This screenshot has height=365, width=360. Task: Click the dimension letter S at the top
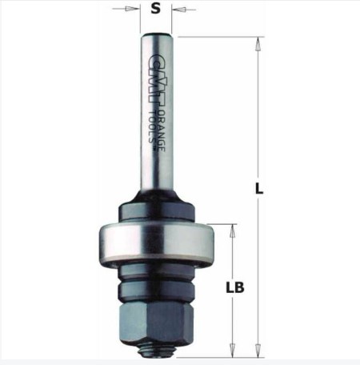tap(156, 9)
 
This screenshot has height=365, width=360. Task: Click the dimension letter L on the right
tap(259, 189)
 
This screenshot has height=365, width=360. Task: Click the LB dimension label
tap(235, 287)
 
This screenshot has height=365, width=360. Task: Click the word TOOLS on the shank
tap(152, 126)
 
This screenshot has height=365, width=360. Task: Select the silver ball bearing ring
tap(156, 245)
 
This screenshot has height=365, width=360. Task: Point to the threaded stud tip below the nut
tap(157, 350)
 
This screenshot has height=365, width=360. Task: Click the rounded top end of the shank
tap(157, 36)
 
